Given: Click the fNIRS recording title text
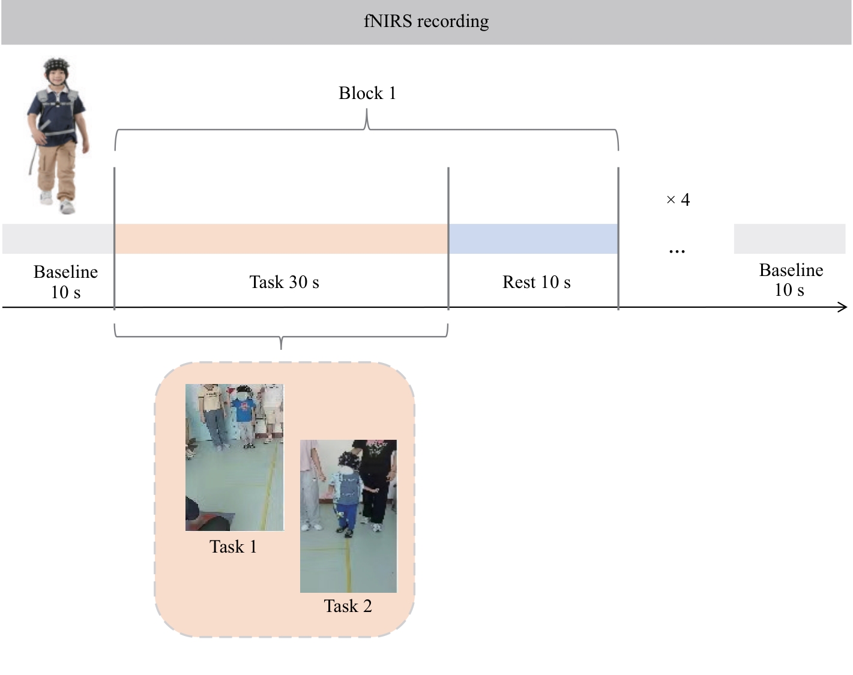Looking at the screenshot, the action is point(426,22).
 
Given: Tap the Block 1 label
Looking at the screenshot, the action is point(367,93).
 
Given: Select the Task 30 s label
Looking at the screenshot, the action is point(284,282).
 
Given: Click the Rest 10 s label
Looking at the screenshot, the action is point(536,282).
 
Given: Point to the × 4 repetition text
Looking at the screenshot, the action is point(678,199).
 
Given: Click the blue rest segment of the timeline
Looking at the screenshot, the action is point(533,238).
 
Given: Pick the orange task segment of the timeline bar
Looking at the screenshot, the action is point(282,238).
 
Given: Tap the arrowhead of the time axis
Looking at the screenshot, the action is point(842,307).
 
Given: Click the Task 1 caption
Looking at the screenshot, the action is point(233,547).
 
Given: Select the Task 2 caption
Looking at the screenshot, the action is point(348,606).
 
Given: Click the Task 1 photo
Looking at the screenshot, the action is point(235,457).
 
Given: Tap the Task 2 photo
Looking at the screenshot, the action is point(348,516).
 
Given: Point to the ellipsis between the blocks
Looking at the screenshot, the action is point(677,251).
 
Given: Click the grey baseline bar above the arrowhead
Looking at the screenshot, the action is point(789,238).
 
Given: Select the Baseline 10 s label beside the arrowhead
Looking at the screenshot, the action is point(791,280).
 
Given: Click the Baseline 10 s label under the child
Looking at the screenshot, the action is point(65,281).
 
